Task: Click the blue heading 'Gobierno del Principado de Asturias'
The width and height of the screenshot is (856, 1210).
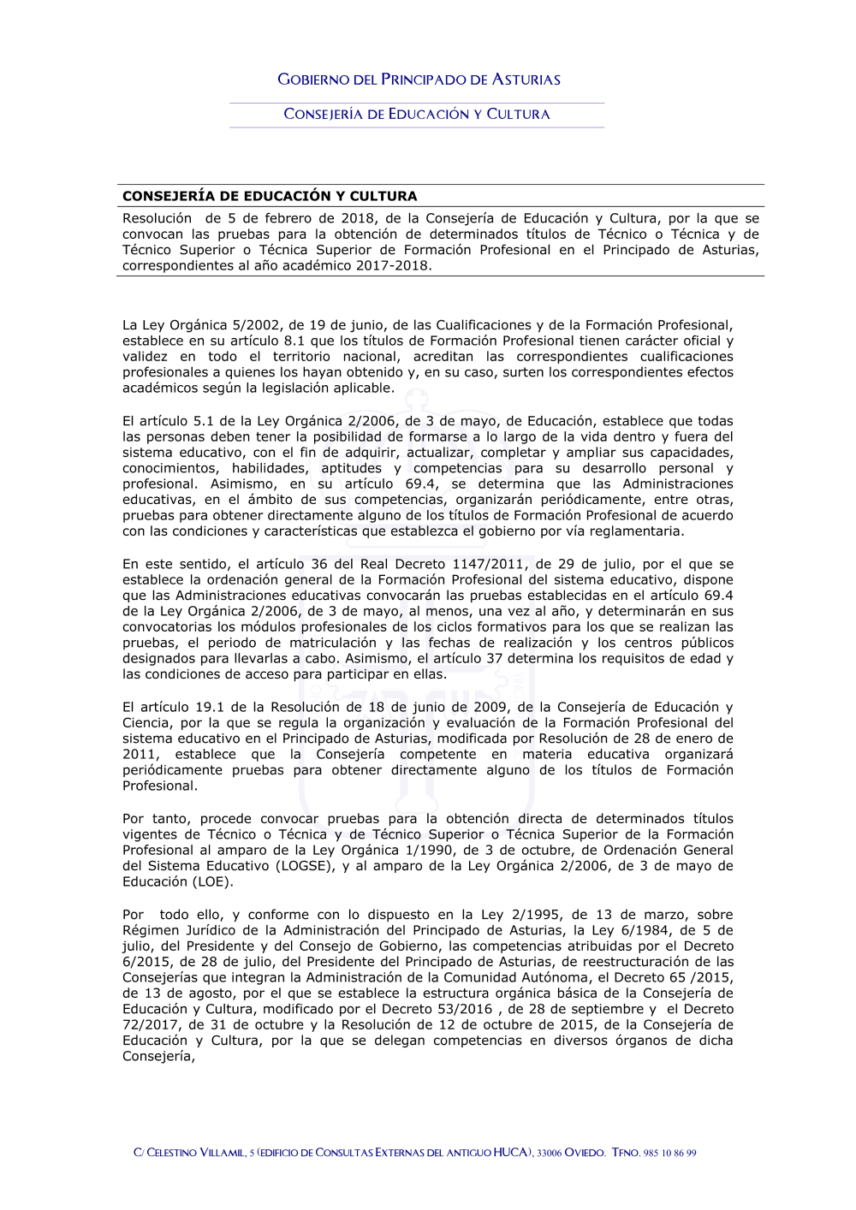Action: click(419, 80)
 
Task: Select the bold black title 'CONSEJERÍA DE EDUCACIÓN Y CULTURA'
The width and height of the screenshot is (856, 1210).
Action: click(270, 196)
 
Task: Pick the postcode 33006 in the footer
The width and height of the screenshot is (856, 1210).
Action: click(549, 1153)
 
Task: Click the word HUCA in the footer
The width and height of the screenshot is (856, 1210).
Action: click(511, 1153)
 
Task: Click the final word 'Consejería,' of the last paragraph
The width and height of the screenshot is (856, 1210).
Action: click(158, 1056)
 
